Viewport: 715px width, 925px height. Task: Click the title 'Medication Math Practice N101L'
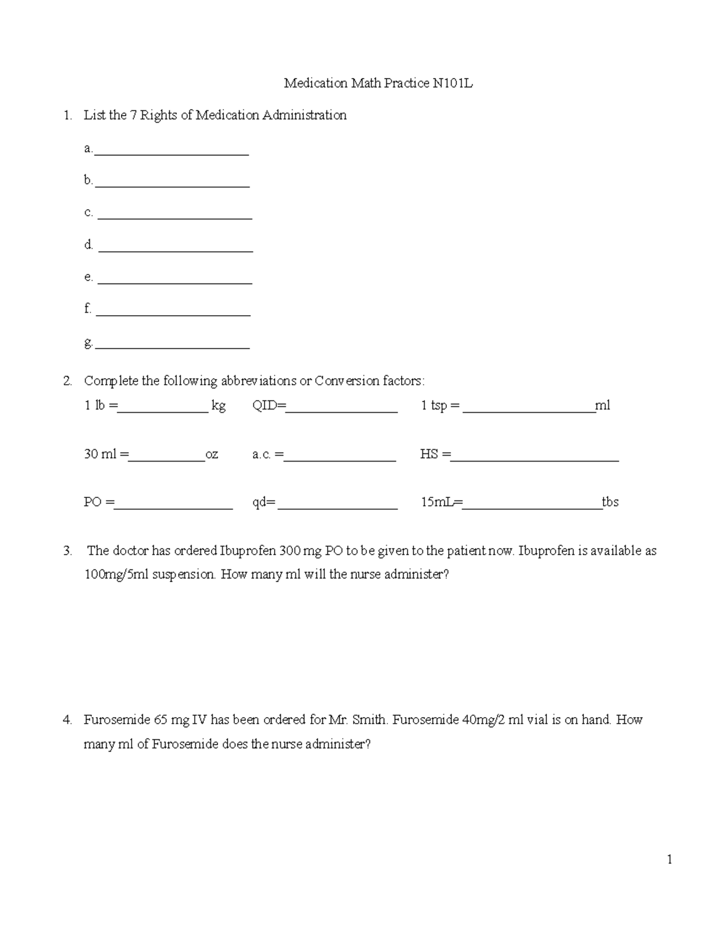[378, 83]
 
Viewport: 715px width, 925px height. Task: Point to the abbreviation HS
[429, 454]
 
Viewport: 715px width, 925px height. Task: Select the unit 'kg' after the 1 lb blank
[219, 406]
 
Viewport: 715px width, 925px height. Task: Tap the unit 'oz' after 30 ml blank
[212, 454]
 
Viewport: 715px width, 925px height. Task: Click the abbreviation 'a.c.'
[262, 455]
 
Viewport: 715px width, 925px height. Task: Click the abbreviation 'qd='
[264, 503]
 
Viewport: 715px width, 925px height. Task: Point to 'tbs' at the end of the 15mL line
[610, 502]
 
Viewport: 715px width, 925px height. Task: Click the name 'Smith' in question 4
[369, 720]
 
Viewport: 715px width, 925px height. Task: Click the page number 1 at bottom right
[670, 859]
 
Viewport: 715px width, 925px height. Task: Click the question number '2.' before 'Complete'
[67, 381]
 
